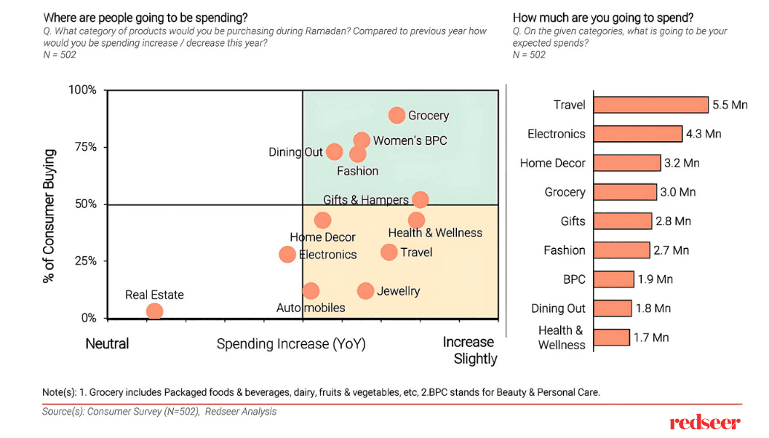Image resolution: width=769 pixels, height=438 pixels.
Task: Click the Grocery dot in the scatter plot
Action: [x=397, y=115]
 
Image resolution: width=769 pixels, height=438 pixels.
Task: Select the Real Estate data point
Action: [x=154, y=311]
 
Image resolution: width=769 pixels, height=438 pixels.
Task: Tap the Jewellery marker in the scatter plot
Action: [x=365, y=291]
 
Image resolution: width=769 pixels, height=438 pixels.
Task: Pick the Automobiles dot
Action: [x=311, y=291]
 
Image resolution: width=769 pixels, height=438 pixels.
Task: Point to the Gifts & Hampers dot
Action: [x=420, y=199]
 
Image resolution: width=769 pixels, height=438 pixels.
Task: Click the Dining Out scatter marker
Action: [x=334, y=151]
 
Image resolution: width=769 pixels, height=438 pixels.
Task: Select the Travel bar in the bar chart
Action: [x=650, y=105]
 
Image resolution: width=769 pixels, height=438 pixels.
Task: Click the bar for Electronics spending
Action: [x=637, y=134]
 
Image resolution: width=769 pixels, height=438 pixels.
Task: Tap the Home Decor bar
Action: [x=626, y=163]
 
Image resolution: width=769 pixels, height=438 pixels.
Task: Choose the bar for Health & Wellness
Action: [x=611, y=338]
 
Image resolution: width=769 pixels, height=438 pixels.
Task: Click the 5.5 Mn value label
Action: [x=730, y=105]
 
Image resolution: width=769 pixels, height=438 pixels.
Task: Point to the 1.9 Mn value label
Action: [x=655, y=279]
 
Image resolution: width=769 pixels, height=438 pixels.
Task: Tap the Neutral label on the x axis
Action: [x=107, y=343]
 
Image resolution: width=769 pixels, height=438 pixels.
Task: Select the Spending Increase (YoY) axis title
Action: [x=291, y=343]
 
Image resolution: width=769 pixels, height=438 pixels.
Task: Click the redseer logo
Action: [x=705, y=422]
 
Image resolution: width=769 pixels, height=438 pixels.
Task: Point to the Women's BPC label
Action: [x=410, y=140]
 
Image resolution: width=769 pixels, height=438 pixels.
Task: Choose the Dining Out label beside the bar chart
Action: [x=558, y=308]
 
